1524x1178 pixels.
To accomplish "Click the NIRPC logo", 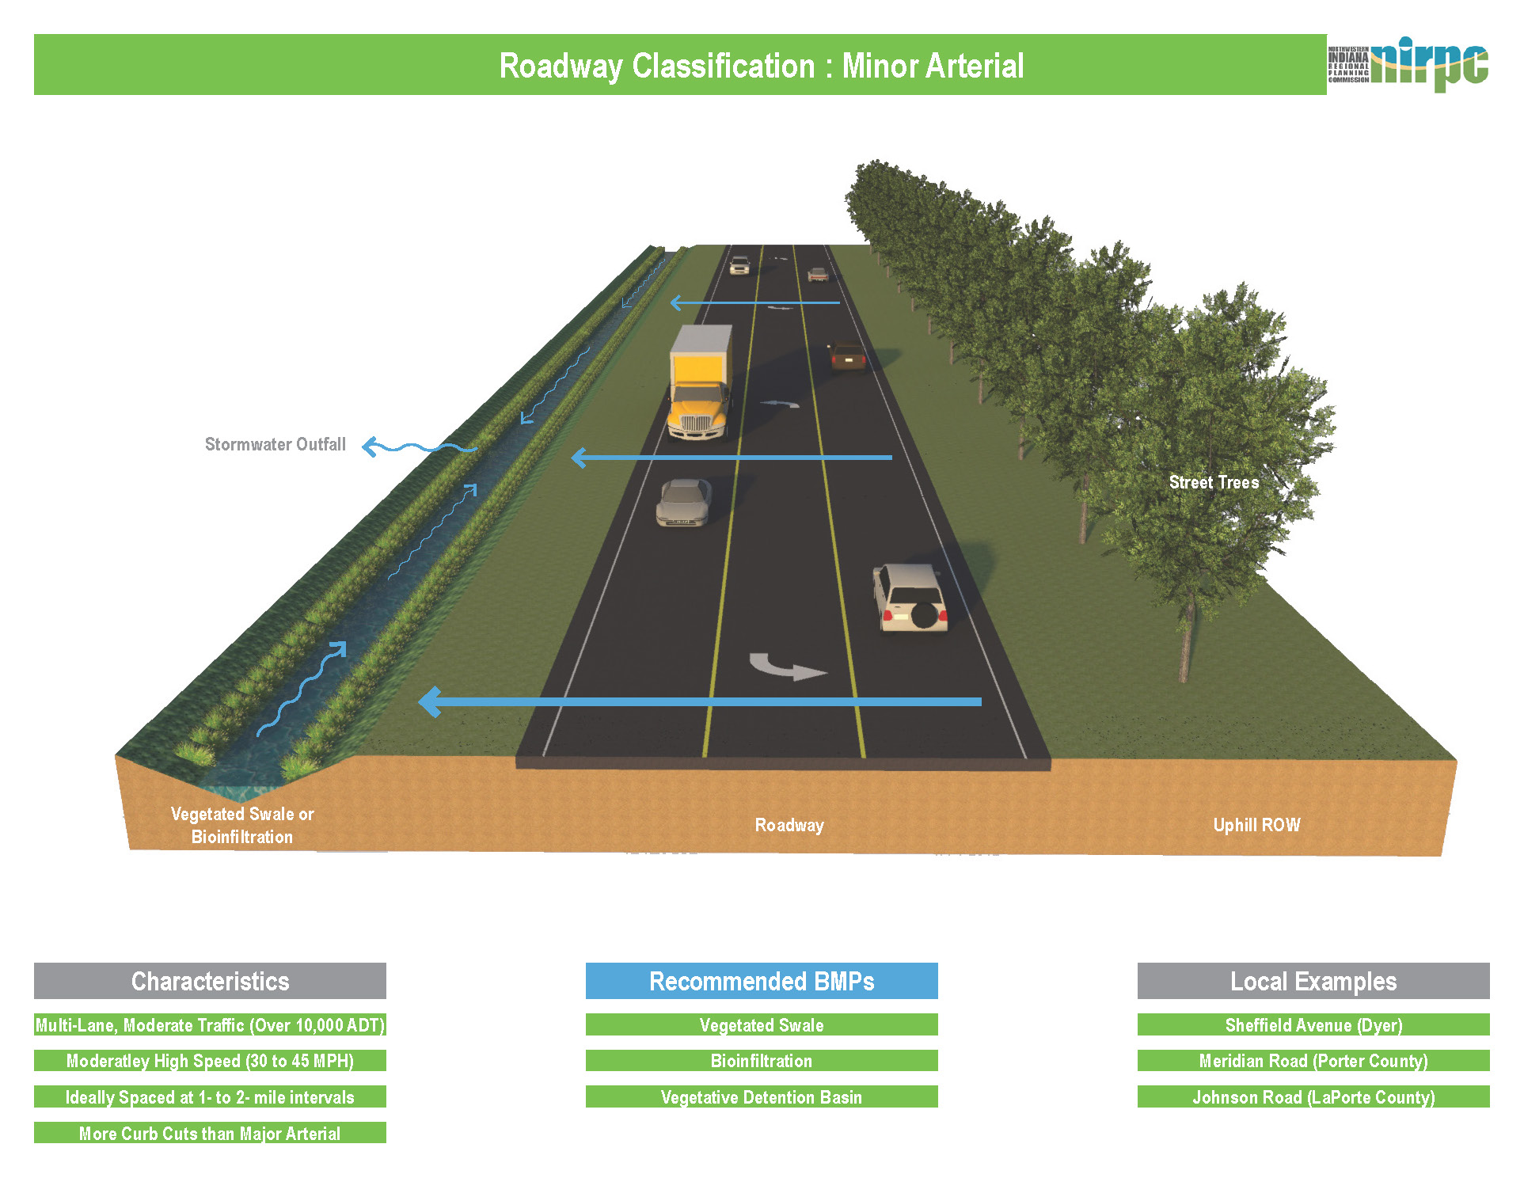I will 1409,63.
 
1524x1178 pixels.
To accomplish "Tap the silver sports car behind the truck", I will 683,502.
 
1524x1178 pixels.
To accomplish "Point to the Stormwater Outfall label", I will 275,445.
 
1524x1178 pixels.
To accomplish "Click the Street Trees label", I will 1214,483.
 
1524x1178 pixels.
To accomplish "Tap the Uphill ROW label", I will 1256,825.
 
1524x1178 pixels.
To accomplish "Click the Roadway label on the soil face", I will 789,825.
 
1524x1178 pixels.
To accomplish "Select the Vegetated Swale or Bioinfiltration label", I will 242,825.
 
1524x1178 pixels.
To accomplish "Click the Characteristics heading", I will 210,981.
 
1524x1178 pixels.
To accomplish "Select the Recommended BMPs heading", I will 762,981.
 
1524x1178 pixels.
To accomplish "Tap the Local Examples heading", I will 1313,981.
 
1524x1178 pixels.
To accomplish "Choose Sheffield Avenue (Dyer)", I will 1313,1025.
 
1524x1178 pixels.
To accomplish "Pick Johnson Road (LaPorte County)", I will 1313,1097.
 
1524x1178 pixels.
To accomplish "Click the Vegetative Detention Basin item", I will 762,1097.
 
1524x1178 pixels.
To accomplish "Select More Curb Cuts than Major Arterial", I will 210,1133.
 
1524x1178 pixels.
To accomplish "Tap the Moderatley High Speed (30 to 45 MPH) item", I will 210,1061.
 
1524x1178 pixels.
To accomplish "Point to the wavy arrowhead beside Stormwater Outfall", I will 369,447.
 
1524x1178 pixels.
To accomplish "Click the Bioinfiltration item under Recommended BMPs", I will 762,1061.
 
